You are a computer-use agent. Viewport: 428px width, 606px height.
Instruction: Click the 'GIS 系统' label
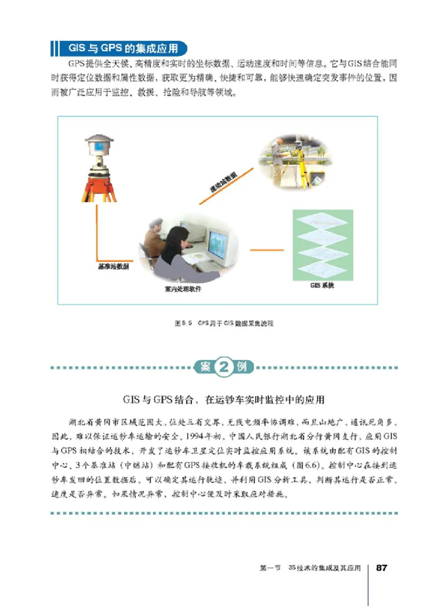322,285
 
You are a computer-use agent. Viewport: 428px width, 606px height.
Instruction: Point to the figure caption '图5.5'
184,324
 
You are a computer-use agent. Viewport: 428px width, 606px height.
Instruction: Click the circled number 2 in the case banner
222,368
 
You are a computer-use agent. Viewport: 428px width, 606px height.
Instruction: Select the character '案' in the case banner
205,368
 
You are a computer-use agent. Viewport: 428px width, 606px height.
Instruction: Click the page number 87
382,567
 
